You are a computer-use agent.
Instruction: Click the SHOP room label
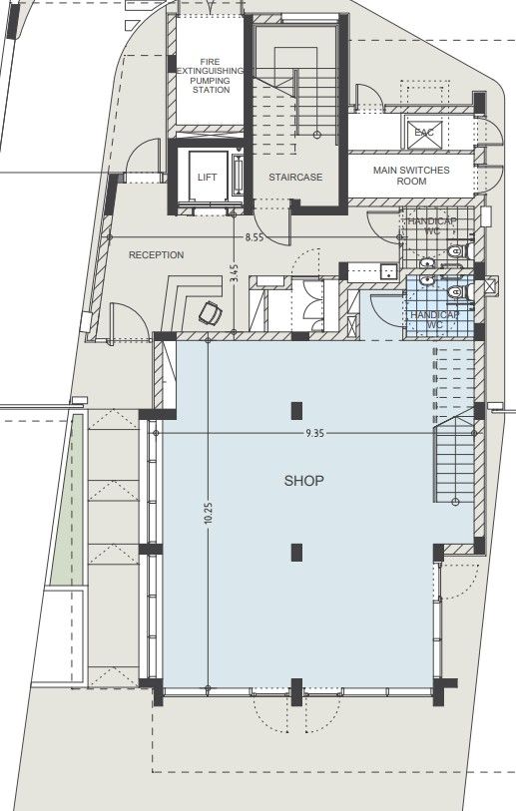[304, 481]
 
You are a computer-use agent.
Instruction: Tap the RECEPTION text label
[157, 255]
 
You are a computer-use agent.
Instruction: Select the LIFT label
[208, 177]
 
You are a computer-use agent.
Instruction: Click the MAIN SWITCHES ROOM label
[411, 176]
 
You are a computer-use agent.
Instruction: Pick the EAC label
[424, 132]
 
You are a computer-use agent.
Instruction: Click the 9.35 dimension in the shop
[315, 434]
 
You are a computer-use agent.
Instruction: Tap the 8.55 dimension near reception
[255, 237]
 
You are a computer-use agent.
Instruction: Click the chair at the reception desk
[211, 314]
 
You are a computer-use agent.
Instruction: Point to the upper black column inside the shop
[296, 408]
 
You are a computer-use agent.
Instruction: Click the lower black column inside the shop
[296, 550]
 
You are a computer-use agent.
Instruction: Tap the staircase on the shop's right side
[455, 465]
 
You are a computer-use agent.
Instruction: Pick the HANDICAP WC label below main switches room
[424, 226]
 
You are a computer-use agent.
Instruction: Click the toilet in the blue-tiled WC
[456, 292]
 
